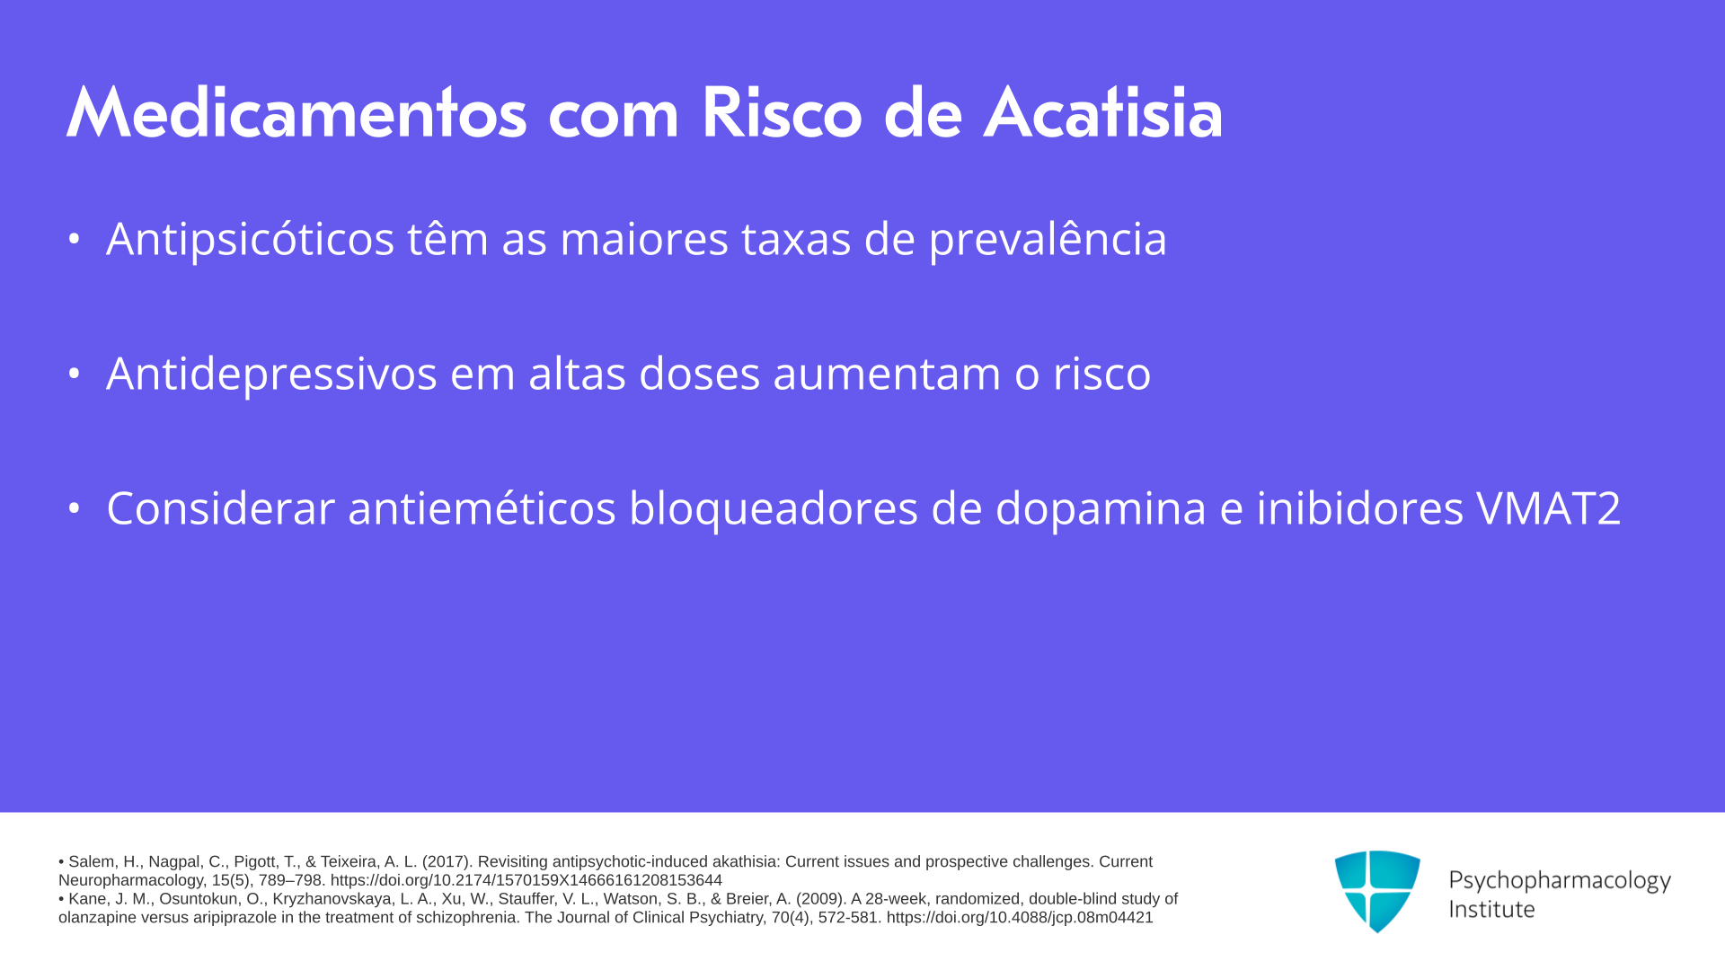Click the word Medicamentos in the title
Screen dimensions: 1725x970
(x=296, y=113)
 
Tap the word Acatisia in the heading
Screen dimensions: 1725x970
(x=1103, y=113)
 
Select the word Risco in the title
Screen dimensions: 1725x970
(x=782, y=113)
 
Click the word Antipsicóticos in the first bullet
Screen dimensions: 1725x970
(x=251, y=239)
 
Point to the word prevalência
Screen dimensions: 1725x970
(x=1048, y=239)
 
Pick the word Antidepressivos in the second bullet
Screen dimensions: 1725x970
(x=271, y=374)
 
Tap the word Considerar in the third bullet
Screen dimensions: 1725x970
(x=220, y=508)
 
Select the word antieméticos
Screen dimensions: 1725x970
(x=482, y=508)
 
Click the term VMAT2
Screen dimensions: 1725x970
(x=1549, y=508)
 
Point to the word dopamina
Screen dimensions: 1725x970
(x=1101, y=508)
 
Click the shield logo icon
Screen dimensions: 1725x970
(x=1377, y=892)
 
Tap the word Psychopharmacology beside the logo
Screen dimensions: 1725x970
(x=1560, y=880)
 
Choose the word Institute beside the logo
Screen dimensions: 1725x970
(x=1492, y=909)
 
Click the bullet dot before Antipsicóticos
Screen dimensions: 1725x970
(x=74, y=239)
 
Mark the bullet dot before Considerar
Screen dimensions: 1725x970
(x=74, y=508)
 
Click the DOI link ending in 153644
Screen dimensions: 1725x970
(x=526, y=881)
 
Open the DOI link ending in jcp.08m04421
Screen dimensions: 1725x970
(x=1020, y=918)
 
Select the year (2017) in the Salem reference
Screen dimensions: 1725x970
(x=447, y=862)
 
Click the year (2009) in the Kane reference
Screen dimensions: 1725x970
(x=821, y=899)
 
